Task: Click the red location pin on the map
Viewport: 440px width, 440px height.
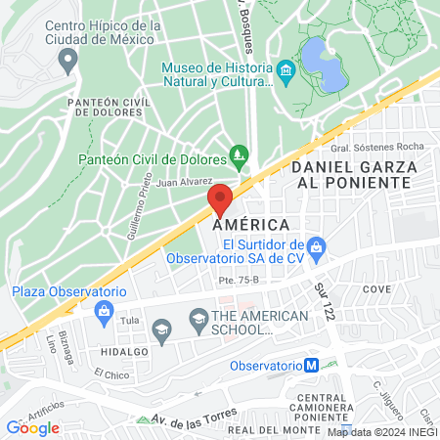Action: tap(220, 200)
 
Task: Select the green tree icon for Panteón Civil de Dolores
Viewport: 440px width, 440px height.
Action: tap(239, 154)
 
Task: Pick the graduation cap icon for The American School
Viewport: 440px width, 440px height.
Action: tap(198, 319)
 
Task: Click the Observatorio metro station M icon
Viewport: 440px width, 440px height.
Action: tap(311, 366)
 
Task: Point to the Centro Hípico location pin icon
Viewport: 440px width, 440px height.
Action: tap(67, 61)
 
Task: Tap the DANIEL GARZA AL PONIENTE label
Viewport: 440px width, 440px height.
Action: tap(354, 176)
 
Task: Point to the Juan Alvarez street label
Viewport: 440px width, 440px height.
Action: tap(184, 181)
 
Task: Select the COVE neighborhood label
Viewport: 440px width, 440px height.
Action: tap(376, 289)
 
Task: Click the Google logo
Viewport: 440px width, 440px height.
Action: tap(33, 427)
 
